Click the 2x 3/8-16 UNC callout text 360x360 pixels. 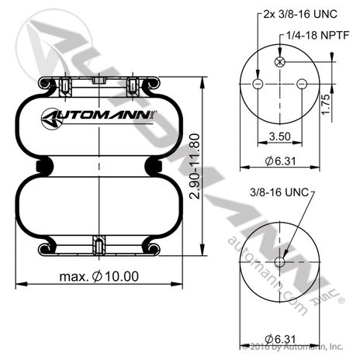click(300, 14)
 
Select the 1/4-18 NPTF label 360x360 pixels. click(318, 35)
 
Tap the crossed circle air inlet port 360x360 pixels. click(279, 62)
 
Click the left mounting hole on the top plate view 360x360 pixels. click(258, 84)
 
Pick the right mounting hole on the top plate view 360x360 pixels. click(302, 84)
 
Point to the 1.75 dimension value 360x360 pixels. click(325, 104)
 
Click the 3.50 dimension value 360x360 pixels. click(280, 137)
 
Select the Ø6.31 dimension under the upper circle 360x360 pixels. click(280, 161)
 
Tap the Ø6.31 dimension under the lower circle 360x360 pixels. click(280, 339)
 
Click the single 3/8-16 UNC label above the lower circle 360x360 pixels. click(279, 192)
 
